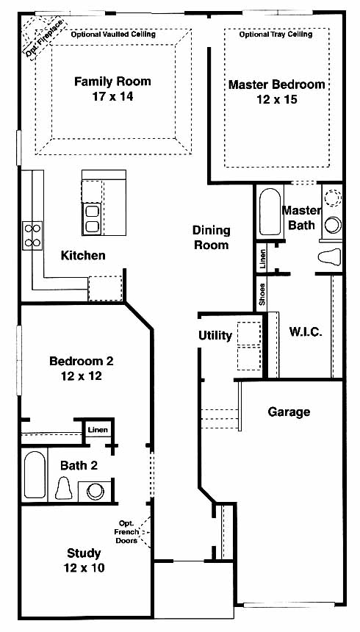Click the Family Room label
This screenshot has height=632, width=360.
112,82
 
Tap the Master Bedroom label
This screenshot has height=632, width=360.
276,85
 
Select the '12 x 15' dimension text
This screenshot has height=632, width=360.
276,99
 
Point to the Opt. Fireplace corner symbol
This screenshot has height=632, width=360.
40,37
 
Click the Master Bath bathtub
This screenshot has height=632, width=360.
270,212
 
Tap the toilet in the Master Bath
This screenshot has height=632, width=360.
330,256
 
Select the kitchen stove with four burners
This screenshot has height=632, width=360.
32,235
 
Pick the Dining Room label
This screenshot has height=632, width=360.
212,237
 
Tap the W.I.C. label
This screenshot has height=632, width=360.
306,332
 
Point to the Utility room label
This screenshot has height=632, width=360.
215,335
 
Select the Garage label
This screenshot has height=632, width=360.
289,412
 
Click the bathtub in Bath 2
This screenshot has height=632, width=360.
35,475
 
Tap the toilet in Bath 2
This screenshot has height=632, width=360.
63,488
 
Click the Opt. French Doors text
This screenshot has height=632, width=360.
128,532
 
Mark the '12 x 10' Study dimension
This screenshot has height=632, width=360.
84,568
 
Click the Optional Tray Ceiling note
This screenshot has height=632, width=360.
276,35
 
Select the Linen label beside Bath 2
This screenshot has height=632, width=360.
98,430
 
